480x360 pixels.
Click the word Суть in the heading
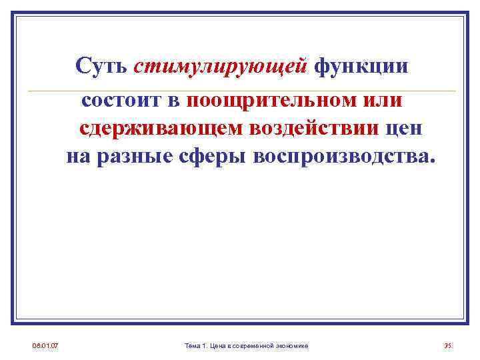tap(101, 67)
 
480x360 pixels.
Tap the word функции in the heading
tap(361, 67)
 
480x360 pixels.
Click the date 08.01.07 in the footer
tap(45, 345)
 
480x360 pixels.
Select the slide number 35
tap(448, 345)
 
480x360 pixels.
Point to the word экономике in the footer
tap(295, 345)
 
